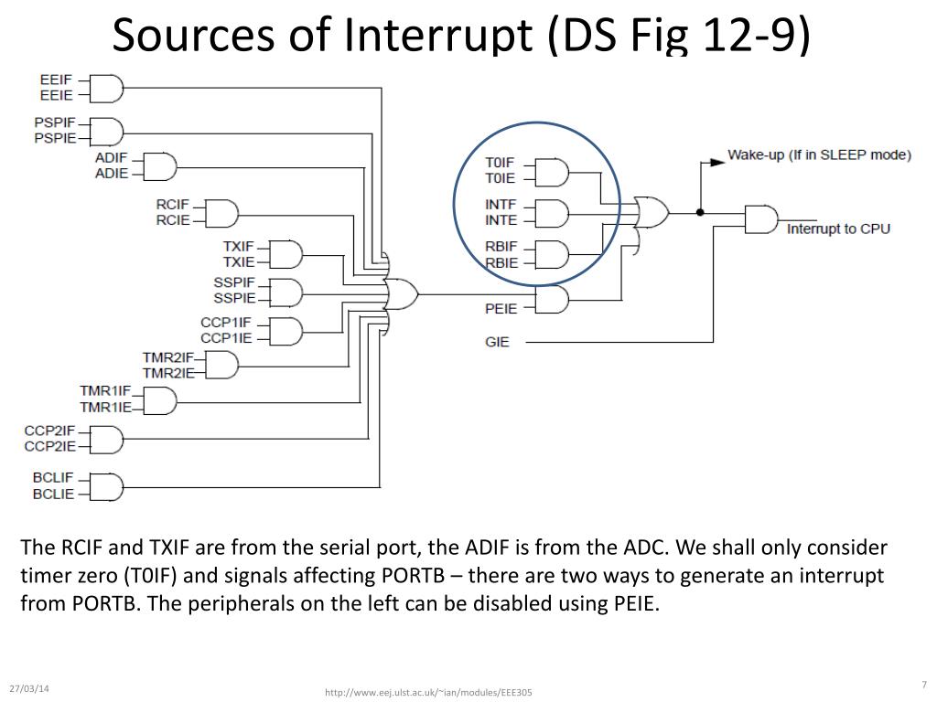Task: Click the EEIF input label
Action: [56, 80]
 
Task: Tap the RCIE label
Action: [173, 220]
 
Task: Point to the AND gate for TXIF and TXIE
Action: [286, 255]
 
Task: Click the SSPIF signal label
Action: [234, 282]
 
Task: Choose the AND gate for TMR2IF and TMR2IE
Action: [221, 365]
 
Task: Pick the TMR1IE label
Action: [105, 407]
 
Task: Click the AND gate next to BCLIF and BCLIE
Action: [107, 487]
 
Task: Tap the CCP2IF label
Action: [49, 431]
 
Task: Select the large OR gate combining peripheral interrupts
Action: [401, 293]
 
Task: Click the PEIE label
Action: [501, 309]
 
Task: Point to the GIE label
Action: [497, 342]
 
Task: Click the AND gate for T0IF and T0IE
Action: [552, 173]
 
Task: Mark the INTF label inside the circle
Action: [501, 205]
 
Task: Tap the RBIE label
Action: [501, 262]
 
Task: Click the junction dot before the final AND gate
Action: [700, 212]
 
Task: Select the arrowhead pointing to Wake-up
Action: [717, 162]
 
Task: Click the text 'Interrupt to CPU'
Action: [838, 229]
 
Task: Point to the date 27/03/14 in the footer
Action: [29, 688]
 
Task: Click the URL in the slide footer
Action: [428, 693]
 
